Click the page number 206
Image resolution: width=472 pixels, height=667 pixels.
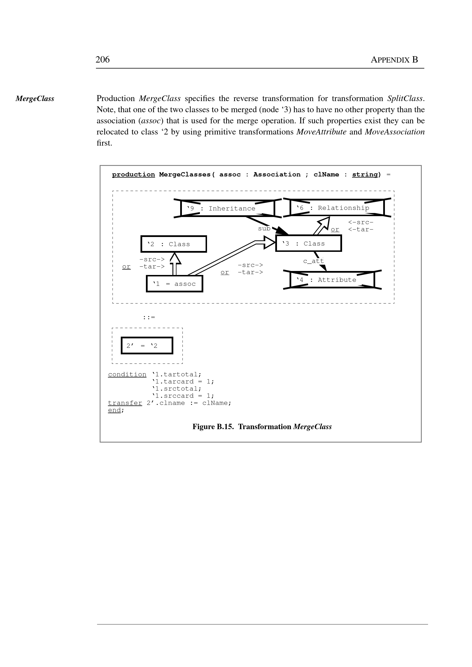point(102,60)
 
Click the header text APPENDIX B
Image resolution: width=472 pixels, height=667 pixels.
point(394,60)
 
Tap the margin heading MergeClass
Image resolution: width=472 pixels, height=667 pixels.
point(35,99)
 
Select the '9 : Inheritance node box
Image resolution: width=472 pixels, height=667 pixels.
point(228,208)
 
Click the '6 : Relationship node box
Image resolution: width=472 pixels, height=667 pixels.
point(337,208)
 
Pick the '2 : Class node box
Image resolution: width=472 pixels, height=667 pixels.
point(174,244)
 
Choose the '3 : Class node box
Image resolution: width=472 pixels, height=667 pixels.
point(308,244)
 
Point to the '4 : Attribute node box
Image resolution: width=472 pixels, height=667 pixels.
point(332,280)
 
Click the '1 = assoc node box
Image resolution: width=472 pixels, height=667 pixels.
point(174,284)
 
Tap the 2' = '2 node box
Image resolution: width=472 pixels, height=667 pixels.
point(147,345)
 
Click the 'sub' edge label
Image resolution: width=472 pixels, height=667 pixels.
point(264,229)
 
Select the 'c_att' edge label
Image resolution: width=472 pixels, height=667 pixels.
point(313,261)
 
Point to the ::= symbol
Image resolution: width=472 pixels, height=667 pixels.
point(149,318)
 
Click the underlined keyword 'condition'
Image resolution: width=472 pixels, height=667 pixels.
point(127,374)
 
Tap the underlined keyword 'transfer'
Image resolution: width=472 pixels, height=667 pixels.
point(125,403)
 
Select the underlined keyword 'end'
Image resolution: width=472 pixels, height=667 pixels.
point(114,410)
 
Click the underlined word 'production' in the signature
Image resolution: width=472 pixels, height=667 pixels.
point(133,174)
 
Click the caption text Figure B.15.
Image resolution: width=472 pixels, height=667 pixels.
point(213,427)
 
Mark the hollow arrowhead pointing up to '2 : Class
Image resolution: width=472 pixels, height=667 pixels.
point(175,258)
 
